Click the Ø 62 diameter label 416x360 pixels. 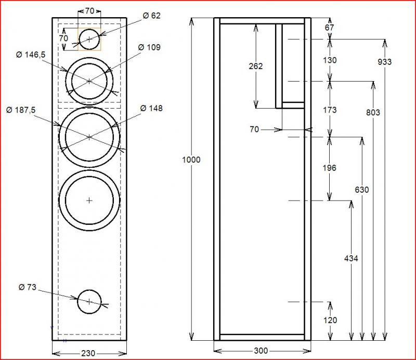click(151, 16)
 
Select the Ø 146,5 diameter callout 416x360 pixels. click(31, 55)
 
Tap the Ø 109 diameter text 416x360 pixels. click(149, 48)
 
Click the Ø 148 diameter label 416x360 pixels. click(151, 108)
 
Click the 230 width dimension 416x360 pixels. click(89, 353)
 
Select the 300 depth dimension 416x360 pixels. click(262, 350)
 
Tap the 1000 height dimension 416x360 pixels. click(191, 160)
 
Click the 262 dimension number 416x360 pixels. click(256, 66)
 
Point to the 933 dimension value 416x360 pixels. click(385, 62)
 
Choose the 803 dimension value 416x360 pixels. click(373, 112)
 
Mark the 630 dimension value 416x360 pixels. click(361, 190)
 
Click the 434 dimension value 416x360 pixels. click(352, 258)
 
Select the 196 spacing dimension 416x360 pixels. click(329, 168)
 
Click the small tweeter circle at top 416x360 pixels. click(89, 39)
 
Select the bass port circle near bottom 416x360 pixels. click(89, 302)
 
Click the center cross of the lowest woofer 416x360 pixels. click(89, 200)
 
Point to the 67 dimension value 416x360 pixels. click(330, 28)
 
